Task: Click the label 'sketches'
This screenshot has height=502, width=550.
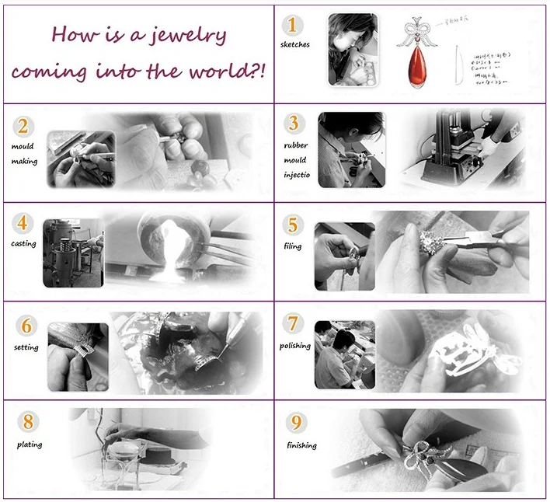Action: click(295, 45)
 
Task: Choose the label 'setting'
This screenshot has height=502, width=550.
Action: click(26, 347)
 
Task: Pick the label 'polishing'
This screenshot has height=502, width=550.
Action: click(295, 346)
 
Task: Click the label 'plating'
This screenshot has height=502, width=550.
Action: click(30, 444)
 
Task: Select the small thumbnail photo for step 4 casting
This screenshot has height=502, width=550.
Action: click(73, 253)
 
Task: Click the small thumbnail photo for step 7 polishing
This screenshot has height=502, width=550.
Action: click(344, 354)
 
